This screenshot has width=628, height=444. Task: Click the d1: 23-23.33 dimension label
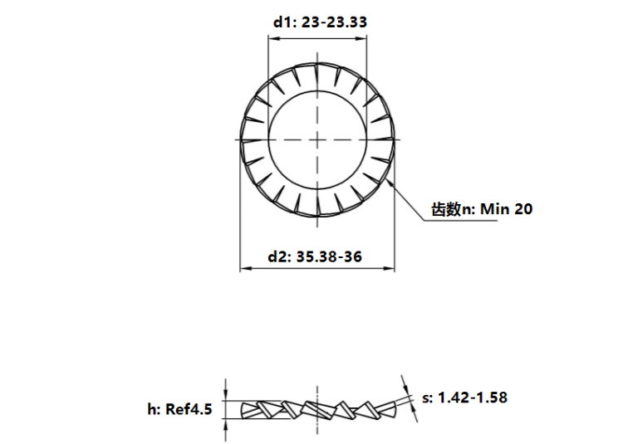[x=320, y=22]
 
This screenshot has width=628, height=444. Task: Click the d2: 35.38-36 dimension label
[x=315, y=257]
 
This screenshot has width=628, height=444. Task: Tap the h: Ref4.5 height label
[x=179, y=408]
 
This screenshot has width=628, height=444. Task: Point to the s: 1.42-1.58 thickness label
[x=464, y=398]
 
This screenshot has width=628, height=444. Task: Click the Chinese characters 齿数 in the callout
[x=445, y=209]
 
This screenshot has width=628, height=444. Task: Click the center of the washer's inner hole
[x=316, y=139]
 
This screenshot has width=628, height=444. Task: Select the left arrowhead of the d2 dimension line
[x=244, y=269]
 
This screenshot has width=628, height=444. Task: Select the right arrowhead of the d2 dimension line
[x=390, y=269]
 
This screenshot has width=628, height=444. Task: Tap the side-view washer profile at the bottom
[x=316, y=408]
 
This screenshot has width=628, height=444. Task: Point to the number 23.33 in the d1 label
[x=348, y=22]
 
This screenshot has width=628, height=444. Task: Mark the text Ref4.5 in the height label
[x=192, y=408]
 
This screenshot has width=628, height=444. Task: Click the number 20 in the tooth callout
[x=523, y=209]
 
